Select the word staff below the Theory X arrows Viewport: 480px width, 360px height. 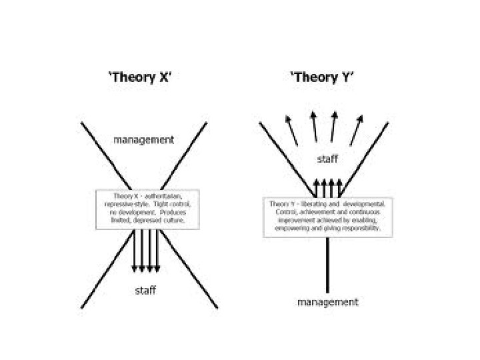(x=146, y=291)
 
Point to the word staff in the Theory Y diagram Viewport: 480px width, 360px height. (x=327, y=159)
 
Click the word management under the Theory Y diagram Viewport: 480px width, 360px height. (x=327, y=302)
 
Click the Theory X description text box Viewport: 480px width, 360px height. (x=149, y=208)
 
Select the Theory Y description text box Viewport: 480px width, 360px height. (x=328, y=215)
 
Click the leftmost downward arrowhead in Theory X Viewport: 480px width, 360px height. (x=135, y=268)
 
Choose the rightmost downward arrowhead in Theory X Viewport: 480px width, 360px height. (x=158, y=268)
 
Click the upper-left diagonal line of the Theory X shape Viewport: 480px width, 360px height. (x=100, y=147)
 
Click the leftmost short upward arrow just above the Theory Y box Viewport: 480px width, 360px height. (x=316, y=185)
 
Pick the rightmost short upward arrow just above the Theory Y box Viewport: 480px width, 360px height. (x=340, y=185)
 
